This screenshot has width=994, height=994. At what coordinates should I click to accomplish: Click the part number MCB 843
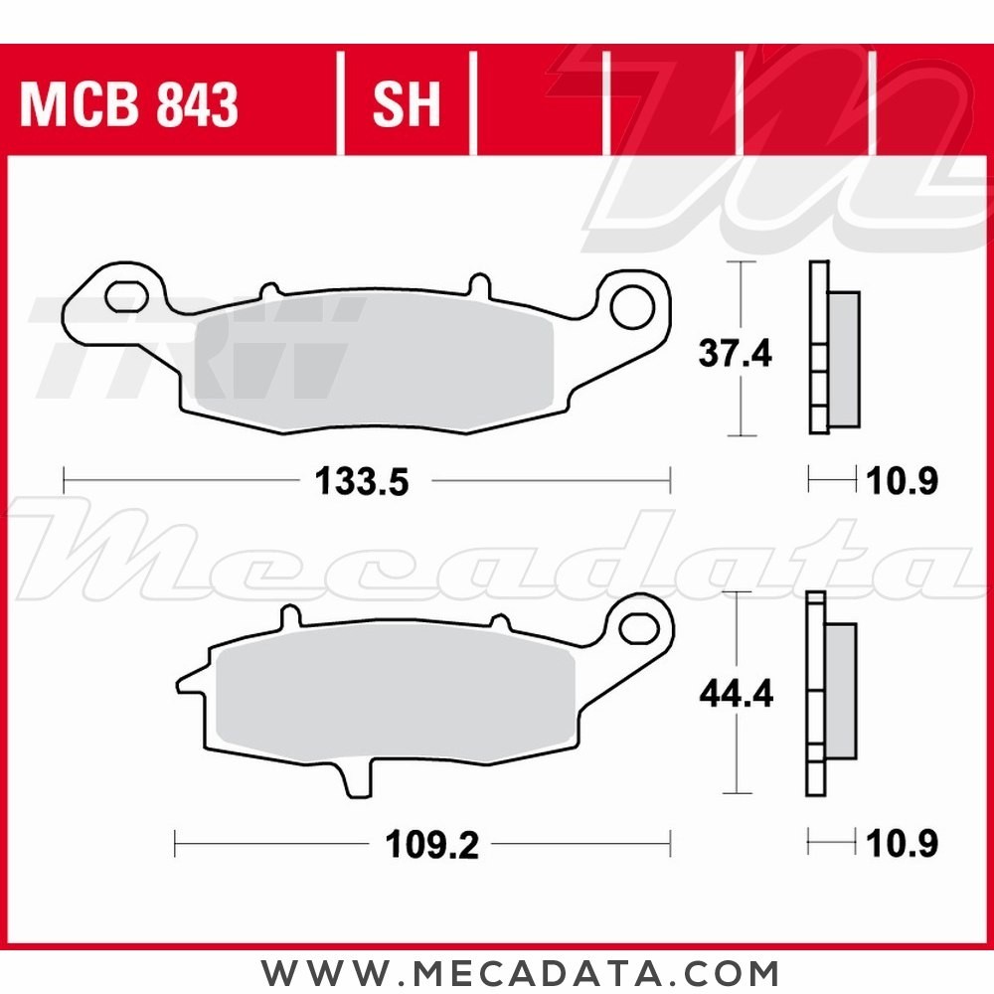129,104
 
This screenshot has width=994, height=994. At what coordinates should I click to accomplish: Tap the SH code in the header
406,104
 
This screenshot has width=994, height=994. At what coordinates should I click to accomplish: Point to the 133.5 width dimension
362,482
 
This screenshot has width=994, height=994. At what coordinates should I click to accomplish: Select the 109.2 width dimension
431,846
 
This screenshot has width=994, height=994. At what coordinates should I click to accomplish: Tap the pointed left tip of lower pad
182,684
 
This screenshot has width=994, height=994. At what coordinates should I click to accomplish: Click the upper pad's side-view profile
831,348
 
